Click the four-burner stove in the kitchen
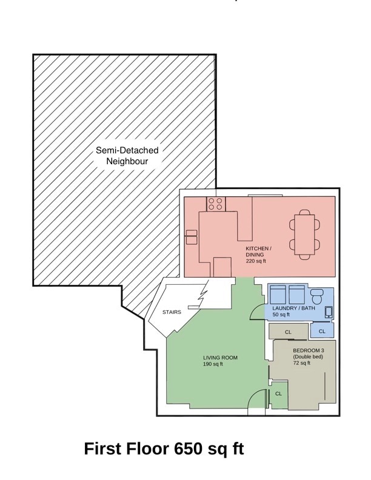tap(216, 204)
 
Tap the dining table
tap(304, 235)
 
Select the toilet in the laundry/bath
tap(316, 296)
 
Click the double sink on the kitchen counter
tap(192, 237)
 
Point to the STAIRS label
tap(172, 312)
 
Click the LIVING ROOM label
tap(220, 358)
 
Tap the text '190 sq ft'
tap(213, 364)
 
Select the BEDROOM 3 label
tap(308, 350)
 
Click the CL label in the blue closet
tap(322, 332)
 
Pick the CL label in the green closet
tap(278, 394)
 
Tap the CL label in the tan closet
tap(288, 332)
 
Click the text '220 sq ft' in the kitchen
tap(256, 261)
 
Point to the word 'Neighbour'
tap(127, 161)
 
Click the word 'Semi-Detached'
tap(127, 150)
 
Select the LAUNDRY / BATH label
tap(293, 308)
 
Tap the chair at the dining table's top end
tap(304, 212)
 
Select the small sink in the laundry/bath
tap(329, 312)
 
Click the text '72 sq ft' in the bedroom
tap(301, 363)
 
